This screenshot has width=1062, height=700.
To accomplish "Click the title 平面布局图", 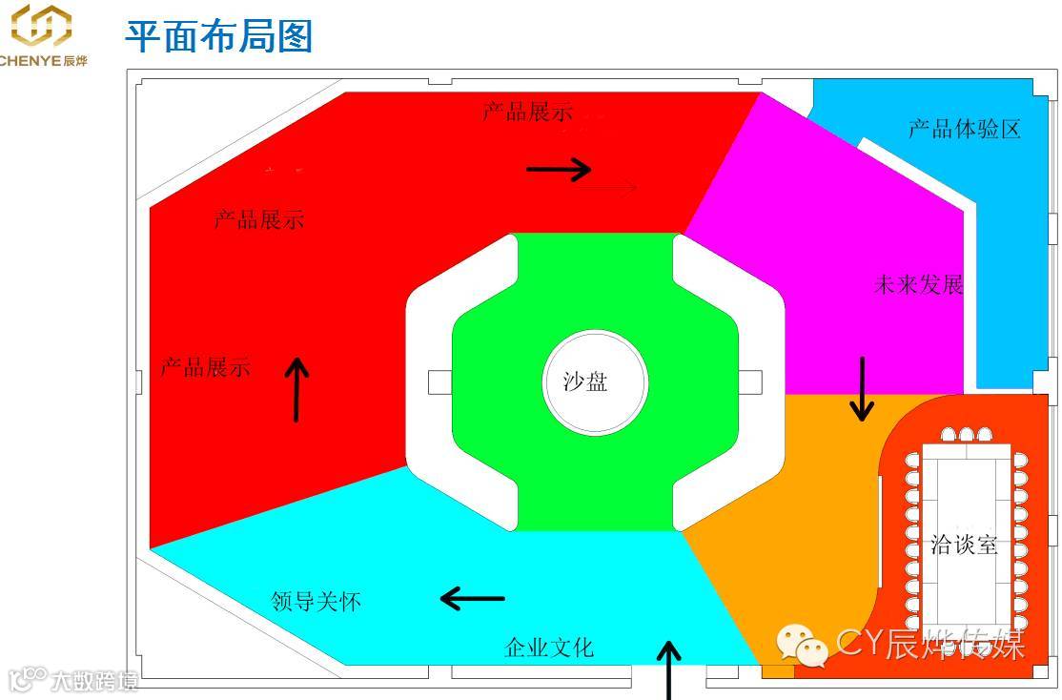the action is point(219,36).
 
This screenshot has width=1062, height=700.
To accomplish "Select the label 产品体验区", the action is point(964,129).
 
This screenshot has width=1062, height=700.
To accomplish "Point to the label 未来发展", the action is point(918,284).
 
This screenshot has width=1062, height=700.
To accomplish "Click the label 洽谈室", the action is point(964,545).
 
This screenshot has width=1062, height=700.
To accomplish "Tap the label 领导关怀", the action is point(316,602).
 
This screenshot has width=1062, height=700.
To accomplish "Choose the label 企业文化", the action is point(548,648).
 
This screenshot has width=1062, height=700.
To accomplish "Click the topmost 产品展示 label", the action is point(527,112).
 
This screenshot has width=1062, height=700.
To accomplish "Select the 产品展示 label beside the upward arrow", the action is point(205,367).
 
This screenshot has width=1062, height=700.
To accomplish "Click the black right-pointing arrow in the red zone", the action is point(559,170).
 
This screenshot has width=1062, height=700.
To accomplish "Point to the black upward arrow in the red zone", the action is point(297,389).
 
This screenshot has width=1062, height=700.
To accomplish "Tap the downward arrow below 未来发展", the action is point(862,389).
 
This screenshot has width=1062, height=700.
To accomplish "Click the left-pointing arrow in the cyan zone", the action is point(472,599).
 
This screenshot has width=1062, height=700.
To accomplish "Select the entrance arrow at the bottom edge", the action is point(670,669).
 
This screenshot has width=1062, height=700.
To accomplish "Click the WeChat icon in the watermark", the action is point(801,646).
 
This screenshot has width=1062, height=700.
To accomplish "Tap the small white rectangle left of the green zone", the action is point(439,382).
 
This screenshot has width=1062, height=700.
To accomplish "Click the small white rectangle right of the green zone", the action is point(750,382).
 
